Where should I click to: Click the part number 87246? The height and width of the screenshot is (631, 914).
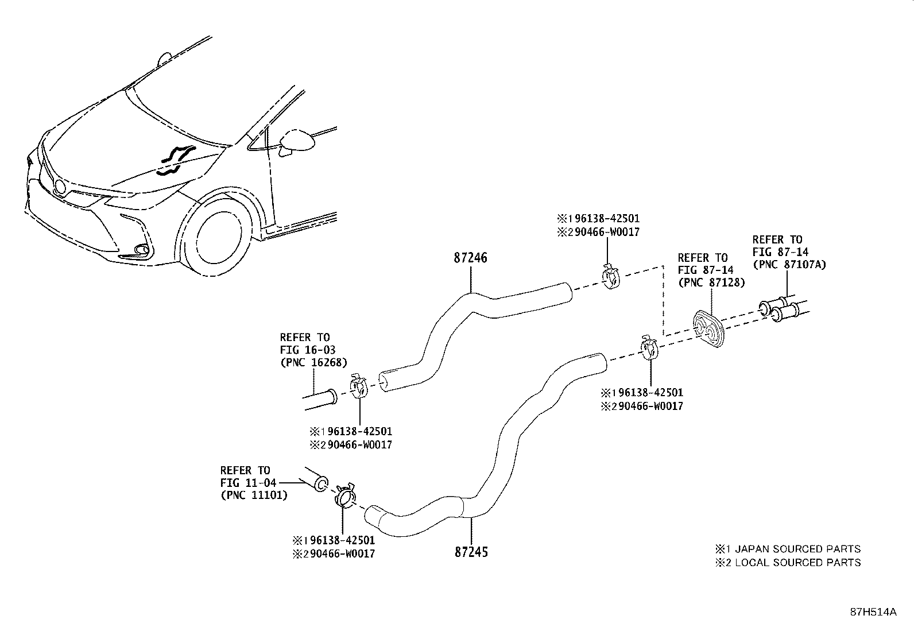pyautogui.click(x=470, y=258)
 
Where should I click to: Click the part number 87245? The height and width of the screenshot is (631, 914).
pyautogui.click(x=471, y=552)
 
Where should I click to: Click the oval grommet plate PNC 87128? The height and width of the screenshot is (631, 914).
pyautogui.click(x=708, y=329)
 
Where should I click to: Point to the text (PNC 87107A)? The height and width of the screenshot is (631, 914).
pyautogui.click(x=789, y=265)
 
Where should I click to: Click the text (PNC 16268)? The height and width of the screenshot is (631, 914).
pyautogui.click(x=313, y=362)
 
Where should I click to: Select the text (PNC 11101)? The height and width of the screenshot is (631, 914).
pyautogui.click(x=253, y=495)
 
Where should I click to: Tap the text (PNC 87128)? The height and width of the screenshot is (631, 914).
pyautogui.click(x=711, y=282)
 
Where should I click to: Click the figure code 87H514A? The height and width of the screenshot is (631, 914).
pyautogui.click(x=873, y=612)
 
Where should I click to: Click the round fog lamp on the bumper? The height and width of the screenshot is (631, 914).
pyautogui.click(x=141, y=250)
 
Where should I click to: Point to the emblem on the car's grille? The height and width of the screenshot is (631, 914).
pyautogui.click(x=60, y=185)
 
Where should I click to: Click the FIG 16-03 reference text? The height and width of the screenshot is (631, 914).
pyautogui.click(x=307, y=350)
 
